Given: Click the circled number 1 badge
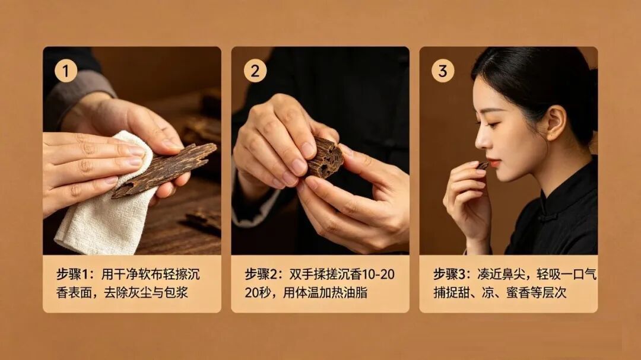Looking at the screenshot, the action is click(66, 71).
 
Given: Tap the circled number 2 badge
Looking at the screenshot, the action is click(255, 71).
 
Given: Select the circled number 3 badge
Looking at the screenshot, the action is click(443, 71).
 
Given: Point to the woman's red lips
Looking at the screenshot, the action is click(494, 164).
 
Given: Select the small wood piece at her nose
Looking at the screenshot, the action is click(483, 165).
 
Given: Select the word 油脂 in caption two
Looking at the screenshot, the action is click(355, 292).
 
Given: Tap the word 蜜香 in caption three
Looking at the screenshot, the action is click(518, 292).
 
